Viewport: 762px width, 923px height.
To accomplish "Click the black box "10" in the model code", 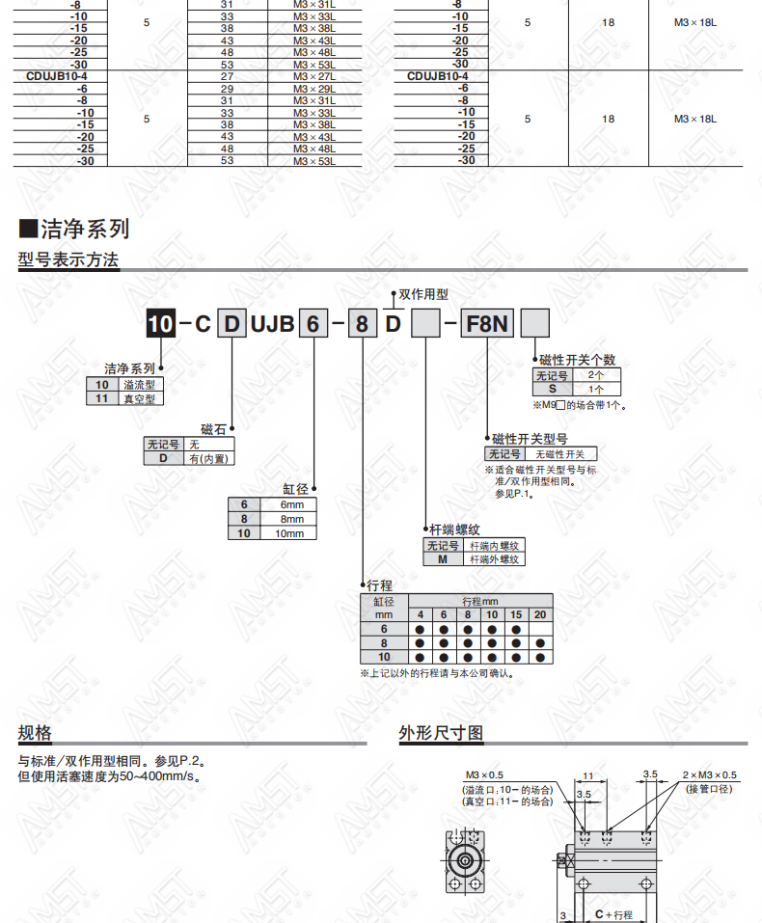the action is coord(161,323).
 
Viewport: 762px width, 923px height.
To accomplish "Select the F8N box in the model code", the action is coord(487,323).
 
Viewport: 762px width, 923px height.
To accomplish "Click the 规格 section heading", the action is coord(35,733).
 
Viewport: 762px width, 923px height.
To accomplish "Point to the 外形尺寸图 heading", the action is coord(441,733).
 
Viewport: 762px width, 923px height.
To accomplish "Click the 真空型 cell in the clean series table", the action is coord(140,398).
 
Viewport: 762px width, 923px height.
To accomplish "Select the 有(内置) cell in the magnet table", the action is coord(208,458).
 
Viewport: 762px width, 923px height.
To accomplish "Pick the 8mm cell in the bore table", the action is coord(292,519).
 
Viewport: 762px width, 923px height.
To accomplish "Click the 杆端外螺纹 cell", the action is coord(494,559).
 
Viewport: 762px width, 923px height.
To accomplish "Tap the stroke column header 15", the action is coord(516,614).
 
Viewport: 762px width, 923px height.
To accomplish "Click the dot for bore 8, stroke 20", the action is coord(540,643).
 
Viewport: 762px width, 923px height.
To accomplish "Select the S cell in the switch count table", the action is coord(553,389).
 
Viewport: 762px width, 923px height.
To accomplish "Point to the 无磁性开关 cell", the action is coord(559,454).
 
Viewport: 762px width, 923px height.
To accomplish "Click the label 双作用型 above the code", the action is coord(423,294).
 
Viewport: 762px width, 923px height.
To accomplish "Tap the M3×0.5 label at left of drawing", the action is coord(484,774).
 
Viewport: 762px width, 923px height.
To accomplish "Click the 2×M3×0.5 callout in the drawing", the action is coord(709,774).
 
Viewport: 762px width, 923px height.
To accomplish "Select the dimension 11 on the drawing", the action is coord(587,775).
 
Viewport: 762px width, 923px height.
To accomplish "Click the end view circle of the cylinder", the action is coord(465,861).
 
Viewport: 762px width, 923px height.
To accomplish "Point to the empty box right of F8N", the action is coord(535,323).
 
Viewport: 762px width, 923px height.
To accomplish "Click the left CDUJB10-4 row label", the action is coord(57,76).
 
